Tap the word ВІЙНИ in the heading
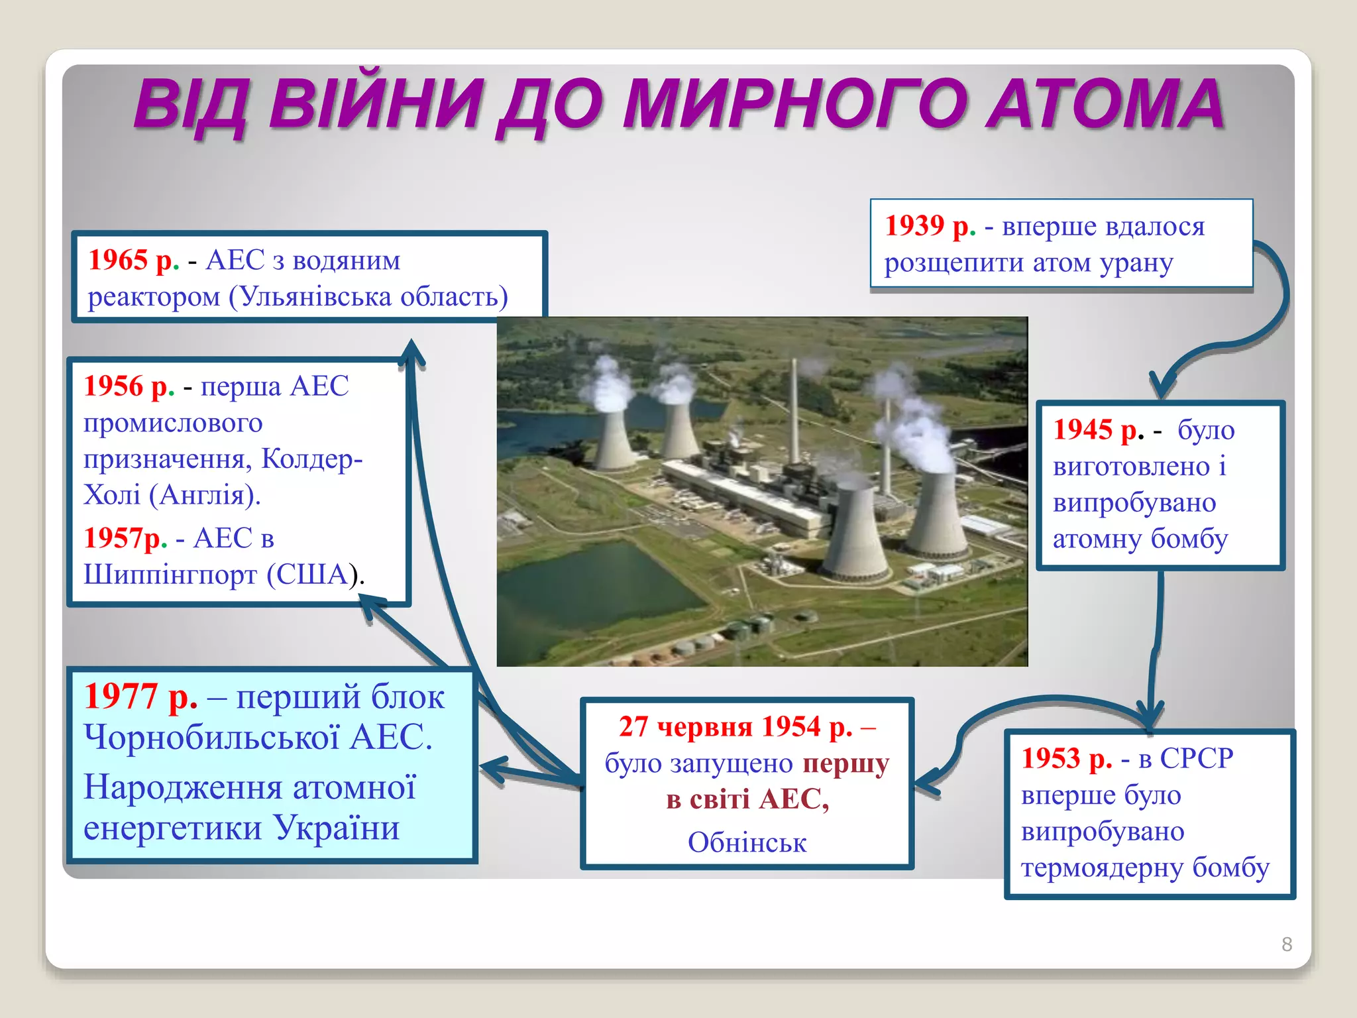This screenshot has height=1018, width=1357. tap(375, 104)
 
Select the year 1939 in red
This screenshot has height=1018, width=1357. tap(914, 226)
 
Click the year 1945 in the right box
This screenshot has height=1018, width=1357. tap(1083, 429)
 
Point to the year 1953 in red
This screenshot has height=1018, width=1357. tap(1051, 758)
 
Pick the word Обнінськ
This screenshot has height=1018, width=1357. tap(747, 843)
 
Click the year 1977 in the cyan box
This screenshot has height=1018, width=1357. tap(121, 697)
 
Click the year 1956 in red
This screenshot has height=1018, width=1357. tap(113, 386)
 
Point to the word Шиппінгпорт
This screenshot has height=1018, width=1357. tap(170, 574)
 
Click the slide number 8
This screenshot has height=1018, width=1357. tap(1287, 944)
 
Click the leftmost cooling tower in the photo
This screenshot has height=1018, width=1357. tap(615, 437)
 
